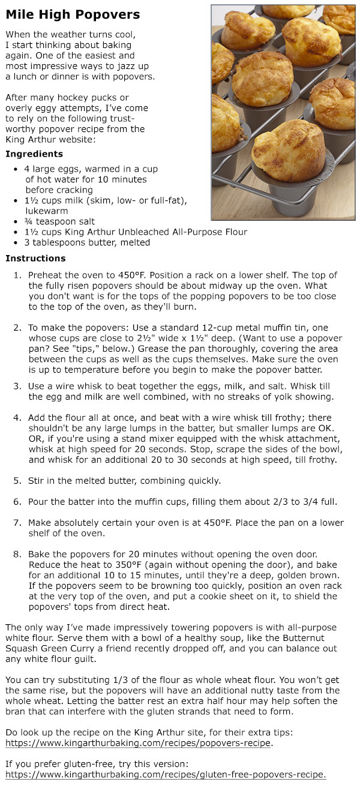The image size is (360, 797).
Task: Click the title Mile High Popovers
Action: (73, 14)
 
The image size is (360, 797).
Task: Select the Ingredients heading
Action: (34, 154)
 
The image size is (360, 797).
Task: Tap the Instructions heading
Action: (35, 259)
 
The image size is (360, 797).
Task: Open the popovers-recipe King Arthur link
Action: (139, 743)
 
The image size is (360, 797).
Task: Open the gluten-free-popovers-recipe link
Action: (166, 775)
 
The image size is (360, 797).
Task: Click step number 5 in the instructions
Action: (17, 481)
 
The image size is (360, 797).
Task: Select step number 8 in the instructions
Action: (17, 554)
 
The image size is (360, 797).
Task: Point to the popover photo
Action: (283, 112)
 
